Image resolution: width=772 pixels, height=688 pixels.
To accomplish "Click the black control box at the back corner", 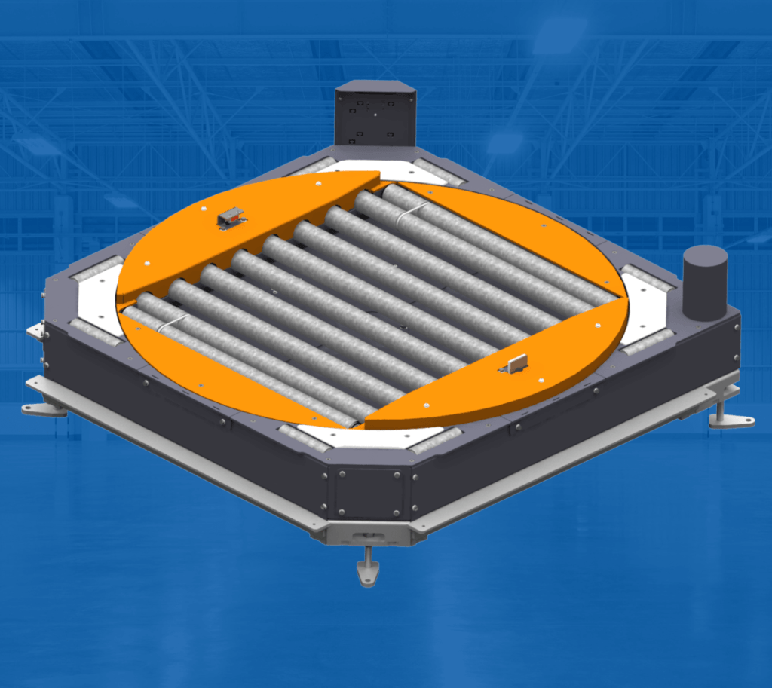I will click(x=375, y=115).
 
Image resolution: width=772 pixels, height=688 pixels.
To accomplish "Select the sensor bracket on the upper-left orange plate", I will click(x=231, y=219).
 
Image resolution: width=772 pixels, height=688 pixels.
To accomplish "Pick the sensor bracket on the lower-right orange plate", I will click(x=517, y=365).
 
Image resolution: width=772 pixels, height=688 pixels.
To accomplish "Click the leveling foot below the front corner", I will click(x=367, y=569).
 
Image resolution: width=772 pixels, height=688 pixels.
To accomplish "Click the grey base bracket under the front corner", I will click(x=368, y=534).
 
